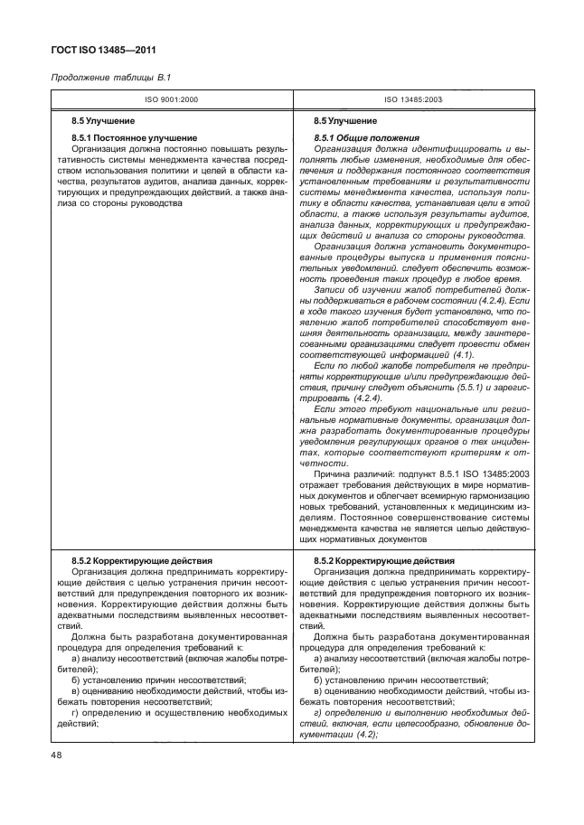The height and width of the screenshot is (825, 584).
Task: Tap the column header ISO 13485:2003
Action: point(413,99)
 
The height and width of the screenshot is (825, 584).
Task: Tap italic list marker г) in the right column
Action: point(316,713)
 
